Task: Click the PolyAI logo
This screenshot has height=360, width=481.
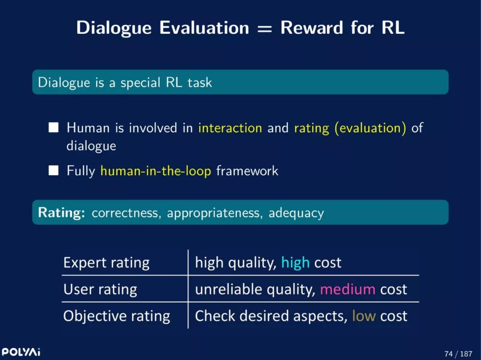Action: (x=21, y=352)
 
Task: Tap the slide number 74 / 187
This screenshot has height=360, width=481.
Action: (x=458, y=354)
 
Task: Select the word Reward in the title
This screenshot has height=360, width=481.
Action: (x=311, y=28)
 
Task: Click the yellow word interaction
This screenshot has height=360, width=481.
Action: (x=230, y=128)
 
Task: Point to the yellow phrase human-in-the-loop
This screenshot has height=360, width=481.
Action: (x=156, y=171)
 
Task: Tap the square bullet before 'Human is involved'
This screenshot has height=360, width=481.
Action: (x=53, y=127)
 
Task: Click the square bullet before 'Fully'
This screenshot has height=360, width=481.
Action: (x=53, y=170)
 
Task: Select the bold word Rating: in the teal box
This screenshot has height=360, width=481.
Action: (x=61, y=212)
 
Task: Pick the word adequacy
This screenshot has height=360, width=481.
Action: (x=296, y=213)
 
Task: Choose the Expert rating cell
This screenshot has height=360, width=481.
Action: (x=106, y=263)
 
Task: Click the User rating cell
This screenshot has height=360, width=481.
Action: (x=100, y=290)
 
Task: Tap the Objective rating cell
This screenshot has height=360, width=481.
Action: (x=117, y=316)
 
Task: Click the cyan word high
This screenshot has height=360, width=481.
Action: (x=295, y=263)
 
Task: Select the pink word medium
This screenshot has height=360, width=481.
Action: (x=347, y=289)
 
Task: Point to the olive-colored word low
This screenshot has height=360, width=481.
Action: (x=364, y=316)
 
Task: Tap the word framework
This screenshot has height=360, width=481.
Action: (x=247, y=171)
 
